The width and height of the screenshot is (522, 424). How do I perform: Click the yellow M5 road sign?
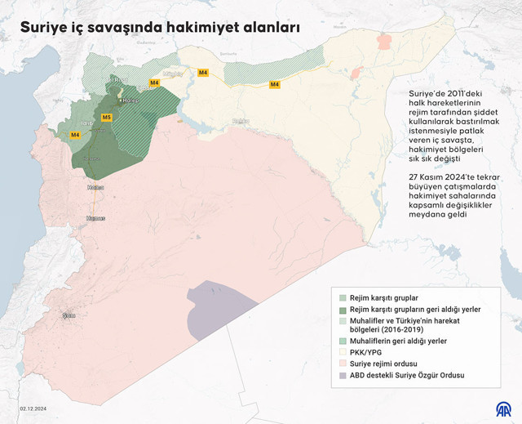click(x=106, y=118)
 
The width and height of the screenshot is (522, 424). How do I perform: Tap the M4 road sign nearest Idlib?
click(x=75, y=135)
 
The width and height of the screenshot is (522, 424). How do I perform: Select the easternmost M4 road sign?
click(x=274, y=84)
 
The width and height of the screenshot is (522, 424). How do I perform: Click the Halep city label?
click(x=130, y=100)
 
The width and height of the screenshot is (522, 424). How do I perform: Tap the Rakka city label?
click(x=240, y=121)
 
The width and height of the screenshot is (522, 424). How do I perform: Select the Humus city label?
click(x=95, y=218)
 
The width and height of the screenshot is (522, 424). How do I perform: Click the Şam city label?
click(x=69, y=315)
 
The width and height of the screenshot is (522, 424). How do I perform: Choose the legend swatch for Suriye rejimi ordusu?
click(x=343, y=363)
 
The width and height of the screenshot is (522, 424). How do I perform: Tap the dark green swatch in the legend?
click(x=343, y=310)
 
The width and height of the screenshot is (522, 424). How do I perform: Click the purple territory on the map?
click(x=216, y=306)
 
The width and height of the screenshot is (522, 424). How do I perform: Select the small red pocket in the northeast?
click(x=356, y=73)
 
